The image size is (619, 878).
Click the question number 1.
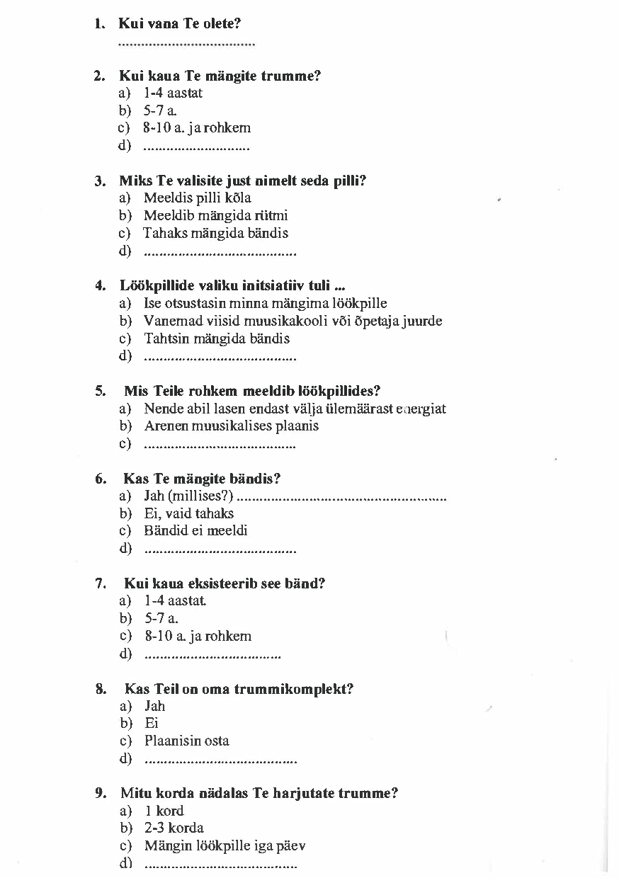[99, 24]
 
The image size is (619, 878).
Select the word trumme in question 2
[290, 76]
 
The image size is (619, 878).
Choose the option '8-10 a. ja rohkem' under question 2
[197, 128]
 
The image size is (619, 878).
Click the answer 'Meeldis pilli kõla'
[197, 198]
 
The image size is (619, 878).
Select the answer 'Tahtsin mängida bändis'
[217, 338]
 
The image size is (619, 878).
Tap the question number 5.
[101, 391]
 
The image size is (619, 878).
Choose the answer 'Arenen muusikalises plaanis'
[231, 426]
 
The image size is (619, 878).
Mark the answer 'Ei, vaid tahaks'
[188, 513]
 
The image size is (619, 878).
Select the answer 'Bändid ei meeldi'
[195, 531]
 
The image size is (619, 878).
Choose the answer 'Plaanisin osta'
[186, 741]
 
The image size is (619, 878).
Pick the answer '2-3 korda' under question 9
[174, 828]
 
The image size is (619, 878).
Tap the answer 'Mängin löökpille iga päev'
[225, 846]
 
